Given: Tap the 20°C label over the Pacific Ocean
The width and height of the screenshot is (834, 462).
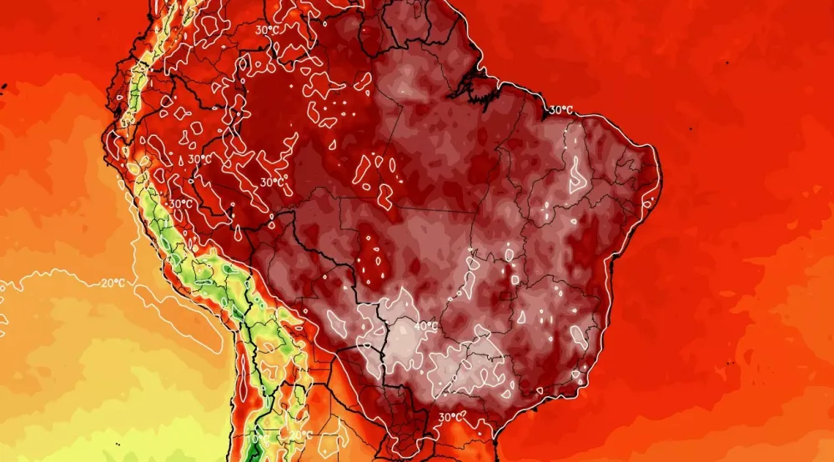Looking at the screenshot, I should tap(113, 283).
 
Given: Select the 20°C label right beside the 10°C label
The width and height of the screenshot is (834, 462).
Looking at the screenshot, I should tap(302, 434).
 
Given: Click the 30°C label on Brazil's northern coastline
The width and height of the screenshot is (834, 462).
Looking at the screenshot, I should tap(560, 109).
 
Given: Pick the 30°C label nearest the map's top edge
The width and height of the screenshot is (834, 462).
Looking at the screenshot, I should tap(267, 29).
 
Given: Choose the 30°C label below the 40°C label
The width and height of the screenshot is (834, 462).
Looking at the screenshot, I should tap(451, 416).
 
